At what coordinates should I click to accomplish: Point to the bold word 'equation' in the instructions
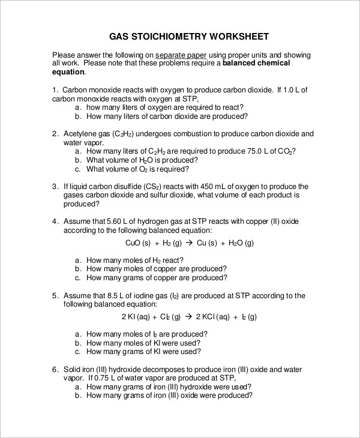pos(68,71)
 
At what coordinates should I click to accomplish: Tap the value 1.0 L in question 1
pos(295,89)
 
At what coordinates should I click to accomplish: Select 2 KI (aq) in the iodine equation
pos(139,317)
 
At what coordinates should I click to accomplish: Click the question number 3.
pos(55,187)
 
